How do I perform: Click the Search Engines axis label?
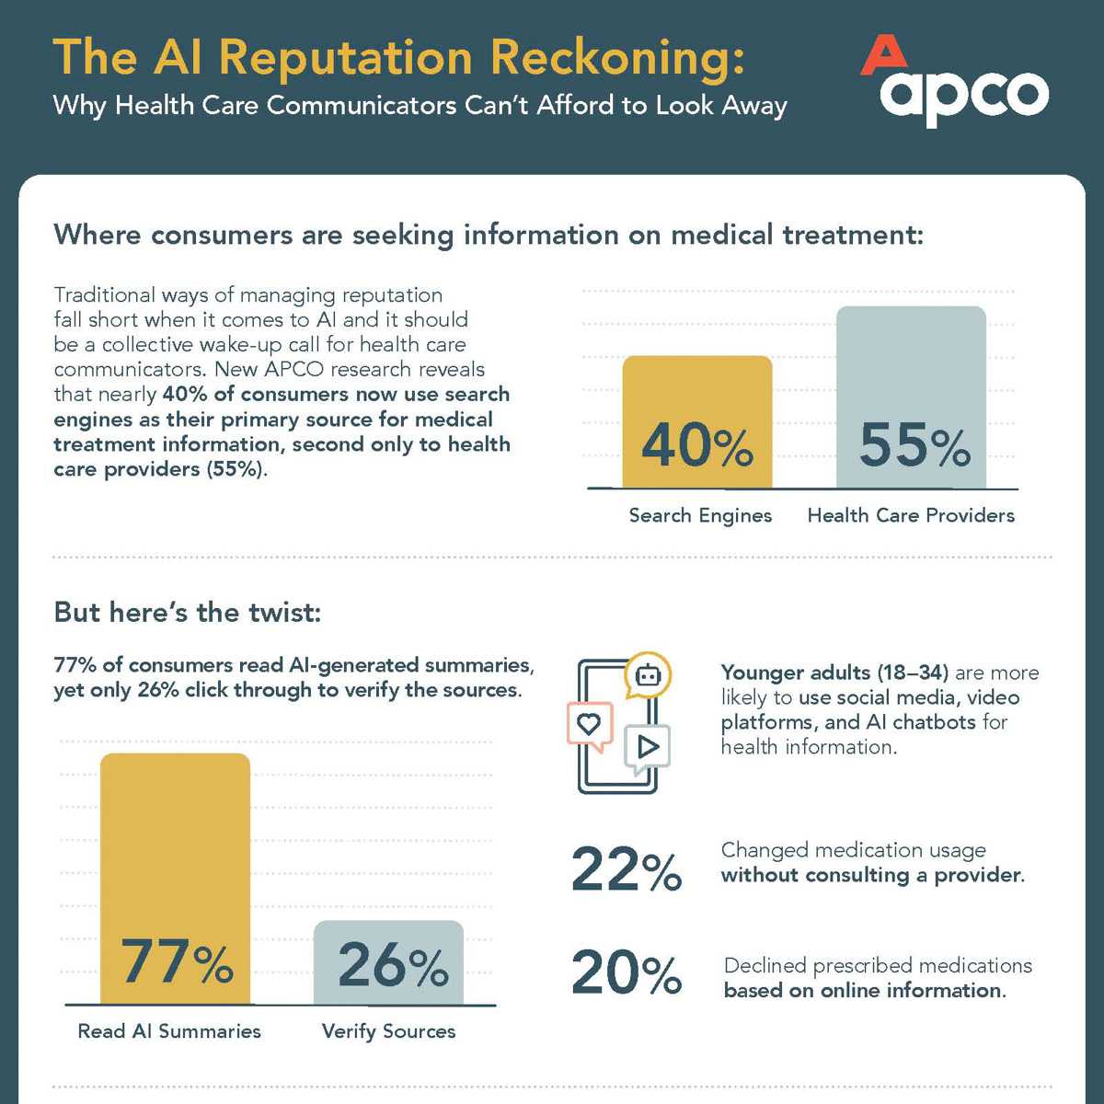(x=700, y=515)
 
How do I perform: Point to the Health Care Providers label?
(x=911, y=515)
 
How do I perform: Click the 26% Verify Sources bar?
(x=388, y=962)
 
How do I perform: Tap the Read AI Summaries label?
(x=169, y=1031)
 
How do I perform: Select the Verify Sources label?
(x=388, y=1031)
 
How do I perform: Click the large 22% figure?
(x=627, y=869)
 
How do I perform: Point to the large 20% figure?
(x=627, y=972)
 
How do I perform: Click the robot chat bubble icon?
(x=649, y=676)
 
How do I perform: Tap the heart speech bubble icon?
(x=589, y=724)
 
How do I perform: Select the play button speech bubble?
(x=648, y=746)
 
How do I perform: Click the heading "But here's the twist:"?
(x=188, y=612)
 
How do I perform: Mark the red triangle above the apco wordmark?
(x=882, y=54)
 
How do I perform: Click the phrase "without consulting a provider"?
(x=871, y=875)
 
